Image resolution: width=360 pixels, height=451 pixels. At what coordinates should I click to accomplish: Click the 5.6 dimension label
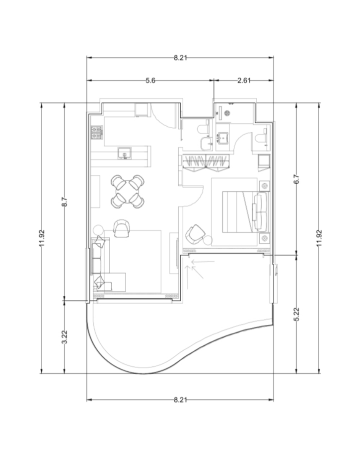click(x=150, y=80)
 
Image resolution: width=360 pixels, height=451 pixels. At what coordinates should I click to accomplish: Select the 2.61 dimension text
click(x=244, y=80)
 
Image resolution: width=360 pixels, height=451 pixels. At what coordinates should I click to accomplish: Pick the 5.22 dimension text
click(x=297, y=314)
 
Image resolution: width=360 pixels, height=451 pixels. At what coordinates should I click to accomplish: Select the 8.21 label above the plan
click(x=180, y=58)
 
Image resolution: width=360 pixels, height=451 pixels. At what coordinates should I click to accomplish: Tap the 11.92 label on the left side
click(x=42, y=238)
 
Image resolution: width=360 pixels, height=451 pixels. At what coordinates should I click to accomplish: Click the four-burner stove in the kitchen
click(x=97, y=133)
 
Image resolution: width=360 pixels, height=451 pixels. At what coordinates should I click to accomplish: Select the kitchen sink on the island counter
click(x=125, y=153)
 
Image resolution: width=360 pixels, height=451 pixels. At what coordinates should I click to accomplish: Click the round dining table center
click(x=128, y=192)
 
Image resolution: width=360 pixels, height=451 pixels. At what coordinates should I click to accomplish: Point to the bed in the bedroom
click(x=245, y=212)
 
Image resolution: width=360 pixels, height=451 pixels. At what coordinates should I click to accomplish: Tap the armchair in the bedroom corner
click(x=195, y=234)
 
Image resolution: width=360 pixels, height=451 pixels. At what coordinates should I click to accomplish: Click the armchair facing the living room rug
click(x=121, y=228)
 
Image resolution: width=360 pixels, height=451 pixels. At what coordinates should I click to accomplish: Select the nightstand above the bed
click(x=264, y=186)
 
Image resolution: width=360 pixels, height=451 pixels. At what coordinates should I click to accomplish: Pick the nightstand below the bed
click(x=264, y=238)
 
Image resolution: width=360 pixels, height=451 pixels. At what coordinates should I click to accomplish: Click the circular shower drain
click(x=227, y=113)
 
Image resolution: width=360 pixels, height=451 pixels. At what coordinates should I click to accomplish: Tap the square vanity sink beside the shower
click(x=223, y=138)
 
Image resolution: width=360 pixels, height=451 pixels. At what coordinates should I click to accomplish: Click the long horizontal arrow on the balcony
click(x=203, y=262)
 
